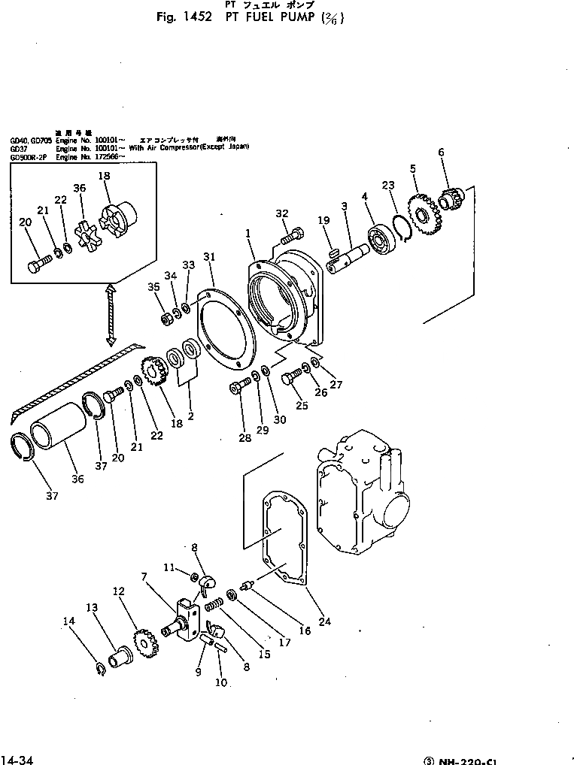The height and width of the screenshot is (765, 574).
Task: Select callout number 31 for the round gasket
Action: [208, 257]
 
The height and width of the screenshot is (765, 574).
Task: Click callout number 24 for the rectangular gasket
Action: [323, 621]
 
